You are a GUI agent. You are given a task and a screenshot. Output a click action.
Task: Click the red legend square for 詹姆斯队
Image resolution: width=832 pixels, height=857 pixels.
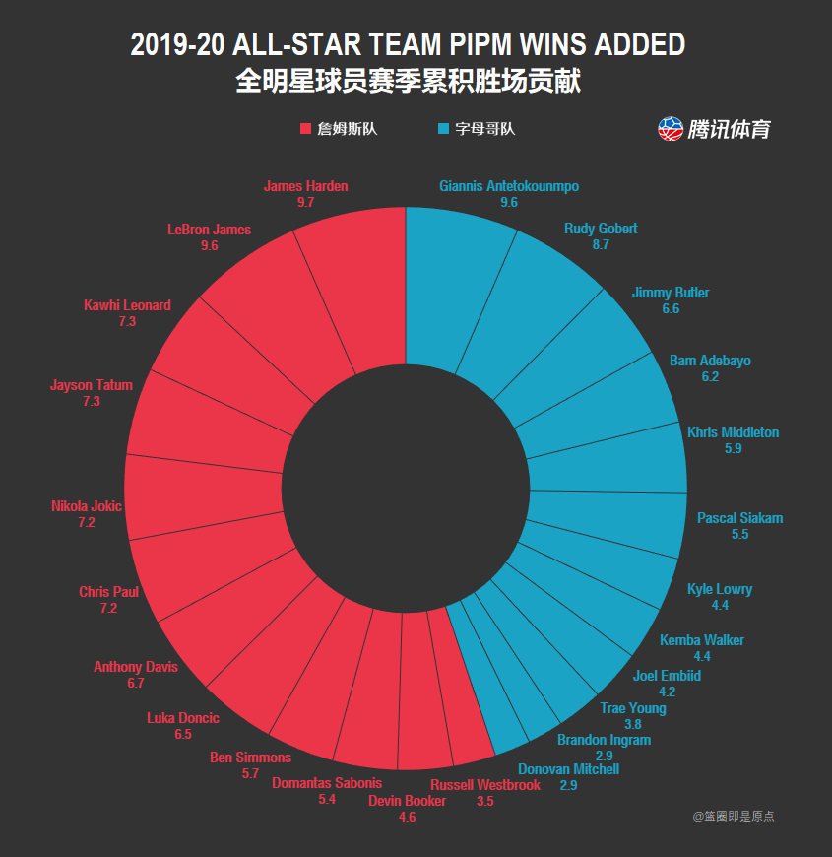305,129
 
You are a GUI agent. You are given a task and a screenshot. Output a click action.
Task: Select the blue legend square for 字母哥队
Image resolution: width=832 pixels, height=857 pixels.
443,129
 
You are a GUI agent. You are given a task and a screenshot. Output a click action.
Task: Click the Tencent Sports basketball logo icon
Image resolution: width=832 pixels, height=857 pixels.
671,128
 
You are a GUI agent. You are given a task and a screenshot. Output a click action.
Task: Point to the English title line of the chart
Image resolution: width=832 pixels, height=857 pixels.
408,45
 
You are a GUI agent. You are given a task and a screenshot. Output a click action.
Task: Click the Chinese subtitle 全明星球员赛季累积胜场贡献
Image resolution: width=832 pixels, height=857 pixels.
408,81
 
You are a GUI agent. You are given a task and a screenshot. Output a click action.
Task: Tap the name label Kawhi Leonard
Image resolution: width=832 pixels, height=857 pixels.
127,305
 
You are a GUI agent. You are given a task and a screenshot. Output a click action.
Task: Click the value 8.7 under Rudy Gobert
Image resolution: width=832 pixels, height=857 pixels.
601,244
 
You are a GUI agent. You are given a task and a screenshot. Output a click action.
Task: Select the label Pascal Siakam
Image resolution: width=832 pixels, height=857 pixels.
740,518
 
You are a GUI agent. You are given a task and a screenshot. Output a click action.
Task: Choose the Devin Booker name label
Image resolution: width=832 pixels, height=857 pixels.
407,801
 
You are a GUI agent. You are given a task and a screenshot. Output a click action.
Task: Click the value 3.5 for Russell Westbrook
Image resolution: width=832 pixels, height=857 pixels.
484,801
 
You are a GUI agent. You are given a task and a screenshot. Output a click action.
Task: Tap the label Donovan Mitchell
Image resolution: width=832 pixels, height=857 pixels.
568,769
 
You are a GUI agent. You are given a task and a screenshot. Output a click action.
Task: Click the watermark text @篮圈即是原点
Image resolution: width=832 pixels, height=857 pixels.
734,816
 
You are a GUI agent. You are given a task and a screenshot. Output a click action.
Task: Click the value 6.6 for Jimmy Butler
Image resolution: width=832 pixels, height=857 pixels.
671,308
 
